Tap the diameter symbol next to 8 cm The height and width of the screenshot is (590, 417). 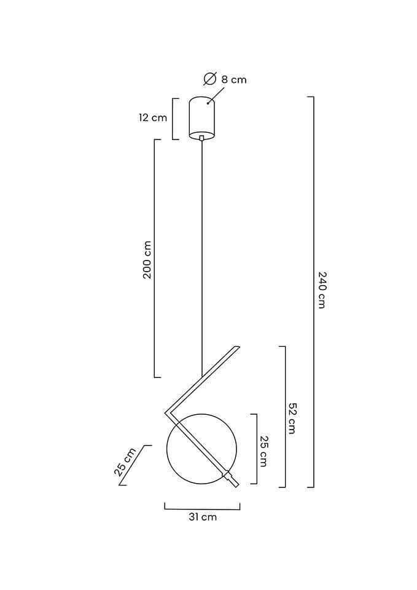pyautogui.click(x=210, y=79)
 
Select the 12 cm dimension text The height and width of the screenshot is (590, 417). pyautogui.click(x=153, y=118)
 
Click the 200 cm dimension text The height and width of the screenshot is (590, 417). pyautogui.click(x=147, y=259)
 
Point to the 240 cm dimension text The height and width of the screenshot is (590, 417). pyautogui.click(x=321, y=289)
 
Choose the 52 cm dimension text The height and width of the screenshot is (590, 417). pyautogui.click(x=292, y=418)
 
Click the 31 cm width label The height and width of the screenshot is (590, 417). pyautogui.click(x=203, y=517)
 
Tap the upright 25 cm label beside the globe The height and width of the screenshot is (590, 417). pyautogui.click(x=263, y=452)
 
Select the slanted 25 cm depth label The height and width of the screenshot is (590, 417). pyautogui.click(x=125, y=462)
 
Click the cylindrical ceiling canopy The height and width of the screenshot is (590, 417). pyautogui.click(x=202, y=118)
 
